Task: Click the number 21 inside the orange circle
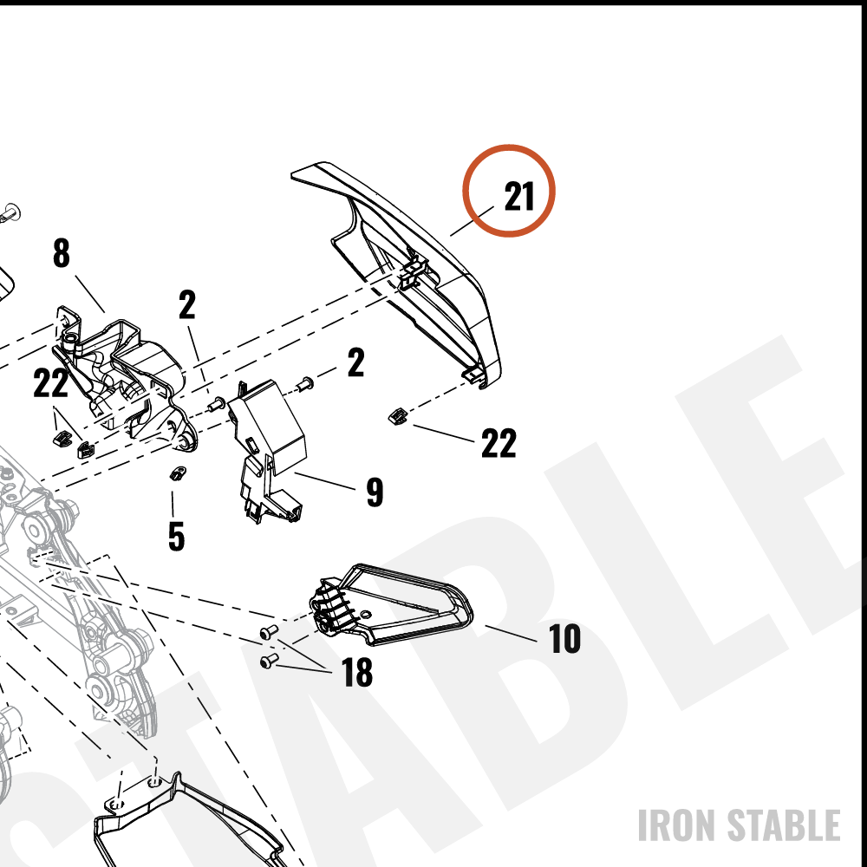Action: pyautogui.click(x=519, y=196)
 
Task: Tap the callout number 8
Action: pyautogui.click(x=62, y=253)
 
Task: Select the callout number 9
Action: pyautogui.click(x=375, y=492)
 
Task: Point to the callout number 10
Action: pyautogui.click(x=564, y=639)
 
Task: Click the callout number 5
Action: pyautogui.click(x=176, y=537)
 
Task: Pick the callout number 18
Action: pyautogui.click(x=357, y=673)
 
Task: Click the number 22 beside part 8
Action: pyautogui.click(x=51, y=382)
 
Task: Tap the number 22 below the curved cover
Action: pyautogui.click(x=499, y=443)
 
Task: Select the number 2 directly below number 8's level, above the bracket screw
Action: pyautogui.click(x=187, y=304)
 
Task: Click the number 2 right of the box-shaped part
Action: pyautogui.click(x=356, y=362)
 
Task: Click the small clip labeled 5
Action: pyautogui.click(x=177, y=473)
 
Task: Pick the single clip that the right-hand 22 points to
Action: pyautogui.click(x=397, y=416)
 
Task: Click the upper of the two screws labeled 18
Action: pyautogui.click(x=269, y=631)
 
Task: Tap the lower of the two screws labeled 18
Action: pyautogui.click(x=269, y=660)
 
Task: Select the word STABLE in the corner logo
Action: pyautogui.click(x=784, y=825)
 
